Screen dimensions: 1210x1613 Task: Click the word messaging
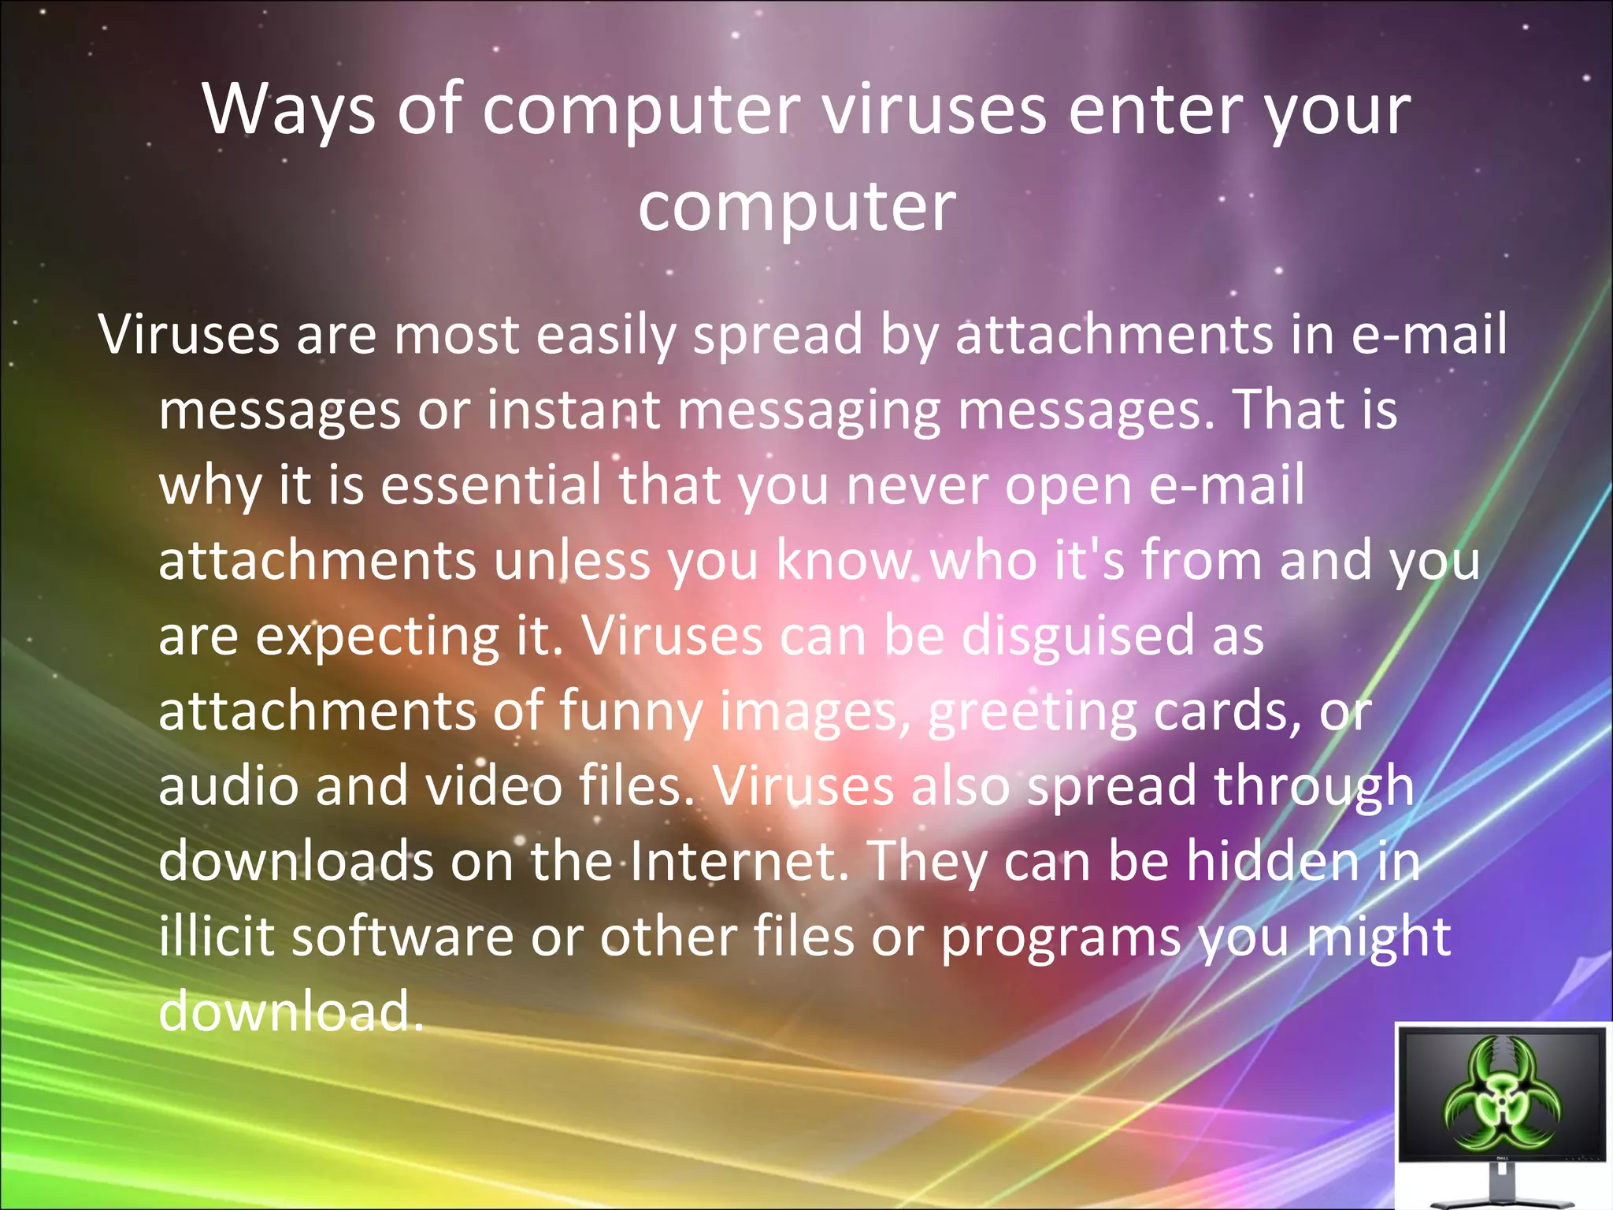[x=809, y=410]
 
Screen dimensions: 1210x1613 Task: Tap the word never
[x=917, y=485]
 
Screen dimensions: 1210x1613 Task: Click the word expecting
[x=378, y=636]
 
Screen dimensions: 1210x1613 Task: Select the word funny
[x=631, y=711]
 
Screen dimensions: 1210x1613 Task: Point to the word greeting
[x=1032, y=711]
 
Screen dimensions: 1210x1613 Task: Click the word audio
[x=228, y=786]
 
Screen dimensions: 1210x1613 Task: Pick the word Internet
[x=738, y=861]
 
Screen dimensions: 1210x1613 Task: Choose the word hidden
[x=1273, y=861]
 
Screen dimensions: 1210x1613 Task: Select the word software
[x=402, y=937]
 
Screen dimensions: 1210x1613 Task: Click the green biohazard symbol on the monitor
[x=1502, y=1097]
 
